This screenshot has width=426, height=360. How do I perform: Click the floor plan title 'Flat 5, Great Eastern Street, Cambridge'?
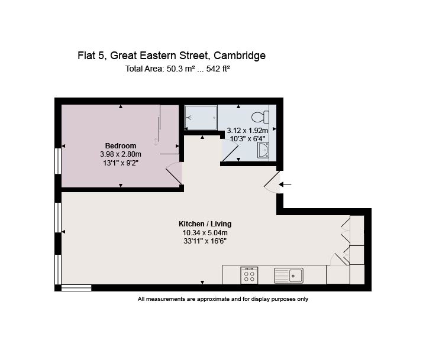pos(172,56)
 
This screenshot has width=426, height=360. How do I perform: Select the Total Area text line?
pos(177,69)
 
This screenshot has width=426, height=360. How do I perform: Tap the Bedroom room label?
pos(121,146)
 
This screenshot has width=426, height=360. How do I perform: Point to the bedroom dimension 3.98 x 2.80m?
pos(121,154)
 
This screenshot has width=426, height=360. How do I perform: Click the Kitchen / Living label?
pos(205,224)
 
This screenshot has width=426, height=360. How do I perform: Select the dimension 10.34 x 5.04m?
pos(205,232)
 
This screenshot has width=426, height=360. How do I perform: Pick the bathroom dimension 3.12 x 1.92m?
pos(247,131)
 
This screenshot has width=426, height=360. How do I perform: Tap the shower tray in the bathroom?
pos(201,117)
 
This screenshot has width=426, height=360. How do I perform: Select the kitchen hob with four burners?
pos(249,275)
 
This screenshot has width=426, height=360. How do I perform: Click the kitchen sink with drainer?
pos(289,275)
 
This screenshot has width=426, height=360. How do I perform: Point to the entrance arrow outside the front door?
pos(285,184)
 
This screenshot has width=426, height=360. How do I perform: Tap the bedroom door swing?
pos(173,174)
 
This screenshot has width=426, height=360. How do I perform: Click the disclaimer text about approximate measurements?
pos(223,299)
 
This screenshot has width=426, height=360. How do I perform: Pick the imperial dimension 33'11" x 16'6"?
pos(205,241)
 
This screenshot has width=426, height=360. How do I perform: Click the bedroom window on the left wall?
pos(58,161)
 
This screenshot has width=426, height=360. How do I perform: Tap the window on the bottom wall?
pos(76,288)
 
